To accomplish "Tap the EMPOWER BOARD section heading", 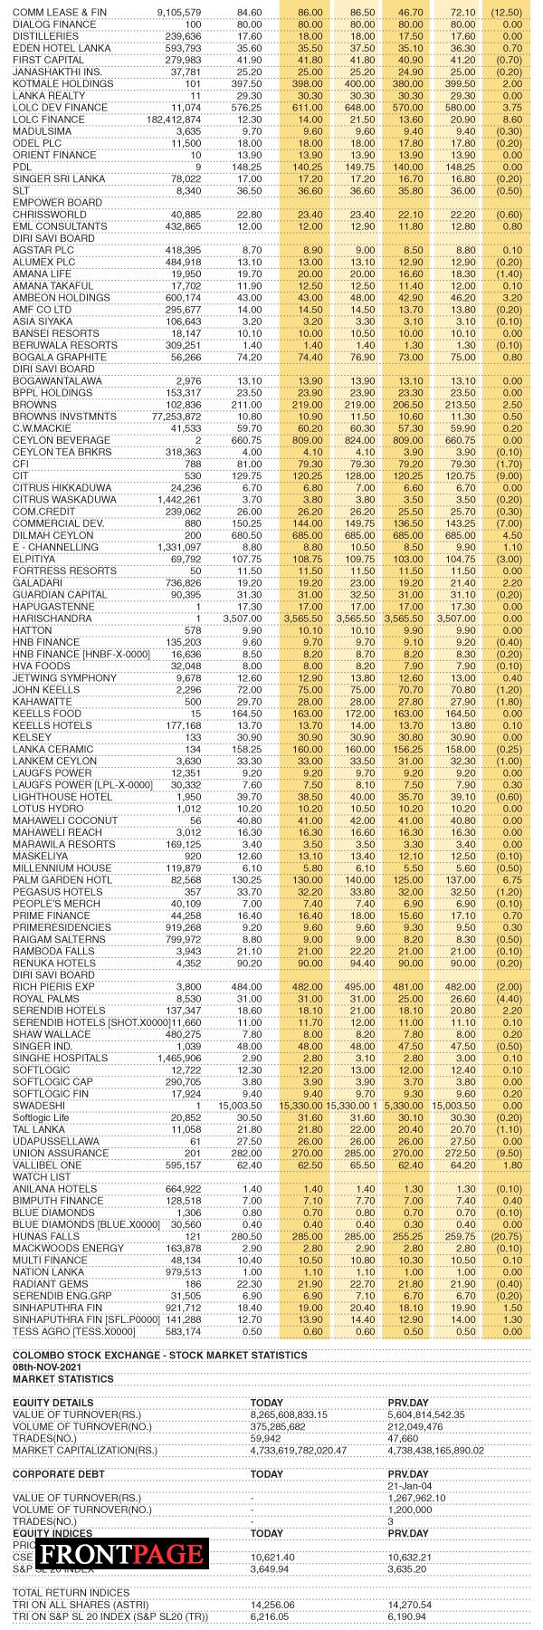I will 50,202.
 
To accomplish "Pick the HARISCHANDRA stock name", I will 52,618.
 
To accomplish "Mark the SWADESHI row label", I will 37,1106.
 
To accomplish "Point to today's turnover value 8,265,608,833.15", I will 301,1414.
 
